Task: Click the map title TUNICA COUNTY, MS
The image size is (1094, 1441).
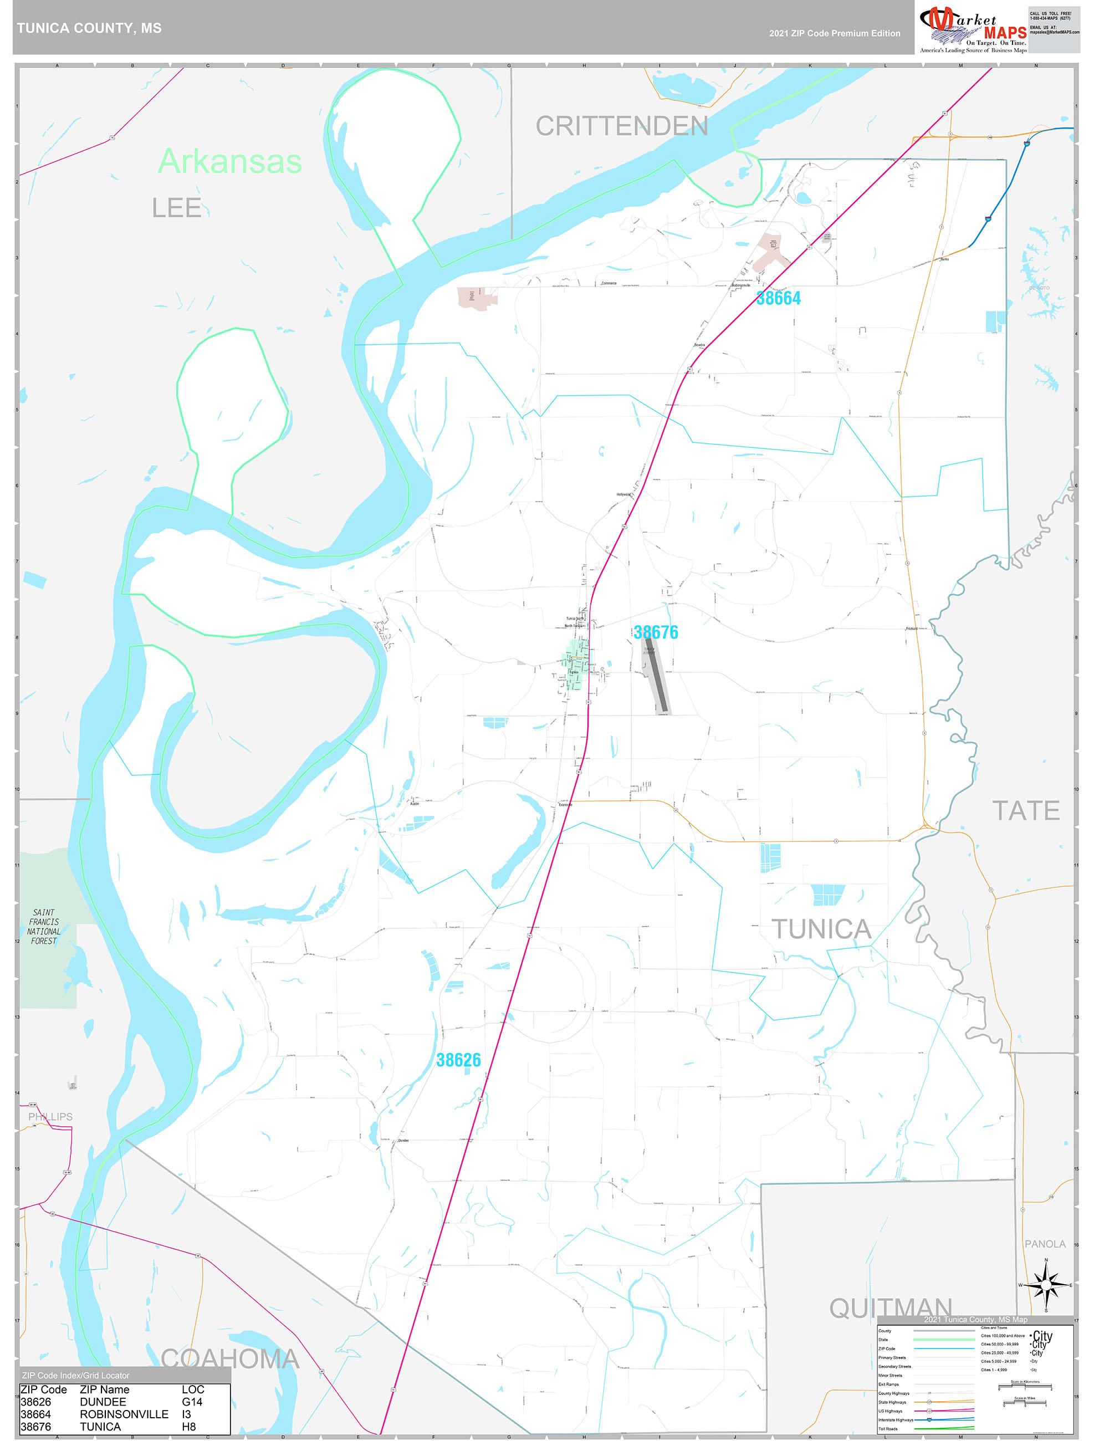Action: coord(89,28)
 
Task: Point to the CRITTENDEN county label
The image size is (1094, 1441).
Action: coord(622,126)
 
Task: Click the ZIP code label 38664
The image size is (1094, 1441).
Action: coord(778,298)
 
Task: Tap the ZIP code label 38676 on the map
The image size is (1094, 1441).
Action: coord(656,632)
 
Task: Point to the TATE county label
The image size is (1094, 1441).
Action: coord(1026,810)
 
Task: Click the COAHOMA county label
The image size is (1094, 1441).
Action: coord(229,1358)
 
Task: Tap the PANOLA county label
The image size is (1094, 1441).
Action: coord(1045,1244)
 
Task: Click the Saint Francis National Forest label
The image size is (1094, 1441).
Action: coord(44,926)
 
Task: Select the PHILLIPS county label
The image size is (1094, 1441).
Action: coord(50,1116)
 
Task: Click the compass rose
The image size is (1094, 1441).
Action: coord(1046,1285)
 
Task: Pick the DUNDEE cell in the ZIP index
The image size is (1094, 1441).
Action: coord(103,1401)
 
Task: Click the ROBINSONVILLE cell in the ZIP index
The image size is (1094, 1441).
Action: coord(124,1414)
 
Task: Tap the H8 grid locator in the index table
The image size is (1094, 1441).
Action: coord(188,1426)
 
